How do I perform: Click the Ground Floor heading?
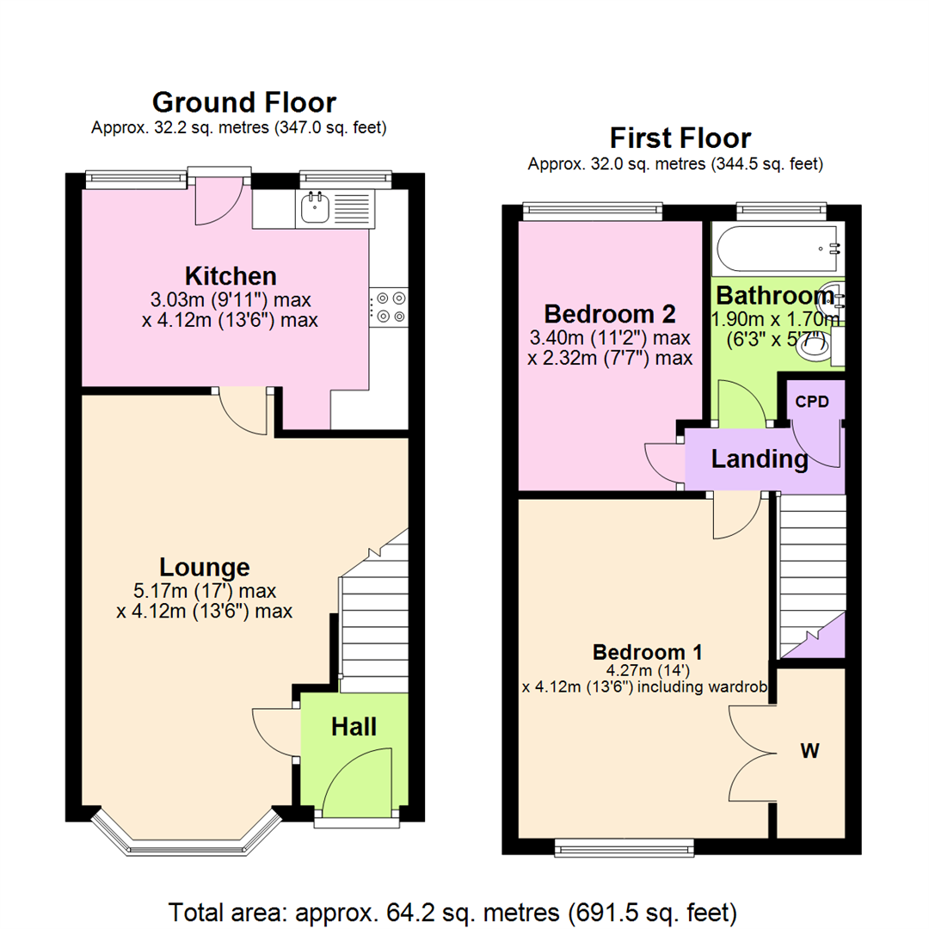[243, 102]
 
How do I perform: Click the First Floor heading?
[680, 138]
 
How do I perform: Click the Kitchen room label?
[231, 276]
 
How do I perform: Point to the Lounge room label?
[205, 567]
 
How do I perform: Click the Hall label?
[354, 727]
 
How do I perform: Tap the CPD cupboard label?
[812, 401]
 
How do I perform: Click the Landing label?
[760, 459]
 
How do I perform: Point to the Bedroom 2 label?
[609, 313]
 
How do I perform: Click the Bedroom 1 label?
[640, 649]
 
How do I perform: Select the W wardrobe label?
[809, 751]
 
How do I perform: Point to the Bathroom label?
[775, 296]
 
